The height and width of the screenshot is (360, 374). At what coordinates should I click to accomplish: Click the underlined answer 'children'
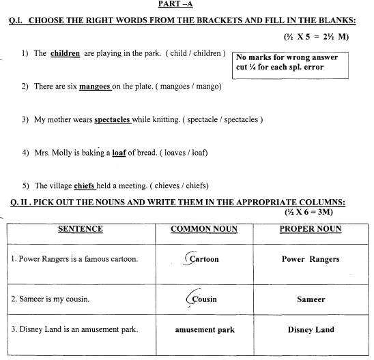coord(65,52)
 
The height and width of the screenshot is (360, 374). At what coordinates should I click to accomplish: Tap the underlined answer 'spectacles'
coord(112,119)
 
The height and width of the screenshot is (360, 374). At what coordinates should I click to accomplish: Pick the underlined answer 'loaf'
coord(120,153)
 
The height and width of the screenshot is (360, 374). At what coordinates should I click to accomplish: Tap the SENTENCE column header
coord(81,229)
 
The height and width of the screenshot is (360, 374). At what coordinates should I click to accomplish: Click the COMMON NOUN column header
coord(204,229)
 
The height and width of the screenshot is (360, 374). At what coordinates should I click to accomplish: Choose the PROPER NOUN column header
coord(311,229)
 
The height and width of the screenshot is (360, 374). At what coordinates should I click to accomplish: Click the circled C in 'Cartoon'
coord(193,259)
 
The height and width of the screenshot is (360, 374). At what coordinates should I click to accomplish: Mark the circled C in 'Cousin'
coord(193,298)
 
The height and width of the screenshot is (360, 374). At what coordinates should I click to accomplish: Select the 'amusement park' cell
coord(204,330)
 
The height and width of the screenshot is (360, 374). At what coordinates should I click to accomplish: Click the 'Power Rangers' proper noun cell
coord(311,259)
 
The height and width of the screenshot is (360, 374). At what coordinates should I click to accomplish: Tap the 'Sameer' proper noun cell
coord(311,299)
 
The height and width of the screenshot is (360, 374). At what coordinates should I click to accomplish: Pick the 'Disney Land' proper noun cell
coord(311,330)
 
